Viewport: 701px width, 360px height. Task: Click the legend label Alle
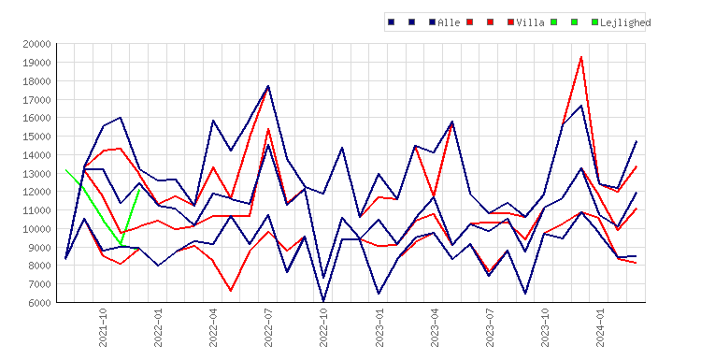pyautogui.click(x=449, y=22)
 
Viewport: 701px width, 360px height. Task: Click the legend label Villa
pyautogui.click(x=530, y=22)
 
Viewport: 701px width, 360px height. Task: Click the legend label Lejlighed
pyautogui.click(x=625, y=22)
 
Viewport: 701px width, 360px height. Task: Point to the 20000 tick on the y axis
pyautogui.click(x=37, y=44)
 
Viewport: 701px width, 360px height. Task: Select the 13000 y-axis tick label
pyautogui.click(x=37, y=174)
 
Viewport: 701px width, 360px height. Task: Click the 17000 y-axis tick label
pyautogui.click(x=37, y=100)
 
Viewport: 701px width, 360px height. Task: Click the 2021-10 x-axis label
pyautogui.click(x=103, y=327)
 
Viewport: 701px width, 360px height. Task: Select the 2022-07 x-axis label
pyautogui.click(x=268, y=327)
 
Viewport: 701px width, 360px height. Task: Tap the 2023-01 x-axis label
pyautogui.click(x=379, y=327)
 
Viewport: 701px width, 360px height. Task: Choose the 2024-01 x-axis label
pyautogui.click(x=600, y=327)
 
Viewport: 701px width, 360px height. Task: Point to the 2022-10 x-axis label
pyautogui.click(x=323, y=327)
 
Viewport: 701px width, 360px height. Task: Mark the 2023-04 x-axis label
pyautogui.click(x=434, y=327)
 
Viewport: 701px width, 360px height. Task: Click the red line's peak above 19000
pyautogui.click(x=581, y=57)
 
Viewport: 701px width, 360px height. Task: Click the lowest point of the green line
pyautogui.click(x=121, y=244)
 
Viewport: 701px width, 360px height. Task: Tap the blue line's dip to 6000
pyautogui.click(x=323, y=301)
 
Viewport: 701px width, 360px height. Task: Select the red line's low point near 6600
pyautogui.click(x=231, y=291)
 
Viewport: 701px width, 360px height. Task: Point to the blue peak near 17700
pyautogui.click(x=268, y=86)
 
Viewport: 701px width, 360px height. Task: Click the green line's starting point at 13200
pyautogui.click(x=65, y=170)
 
